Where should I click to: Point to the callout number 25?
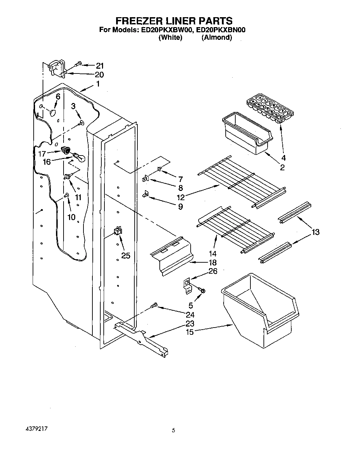pos(126,255)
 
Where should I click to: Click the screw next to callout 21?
pos(78,64)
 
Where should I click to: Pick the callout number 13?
pos(315,232)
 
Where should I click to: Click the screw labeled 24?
pos(155,305)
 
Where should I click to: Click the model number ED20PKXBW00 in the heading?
pos(166,30)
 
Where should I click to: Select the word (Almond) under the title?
pos(217,37)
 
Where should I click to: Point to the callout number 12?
pos(181,197)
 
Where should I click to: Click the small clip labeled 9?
pos(146,194)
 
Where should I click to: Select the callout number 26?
pos(213,272)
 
